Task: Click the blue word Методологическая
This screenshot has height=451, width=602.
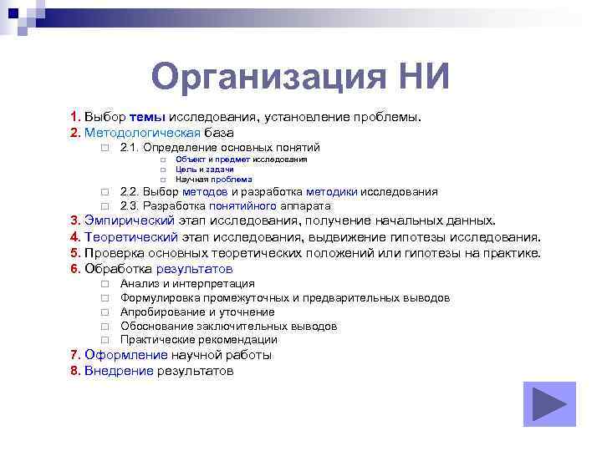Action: point(143,132)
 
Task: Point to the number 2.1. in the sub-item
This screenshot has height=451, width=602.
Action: point(135,147)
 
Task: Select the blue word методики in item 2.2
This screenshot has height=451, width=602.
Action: point(332,191)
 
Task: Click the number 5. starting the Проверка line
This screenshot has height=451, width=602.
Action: point(76,253)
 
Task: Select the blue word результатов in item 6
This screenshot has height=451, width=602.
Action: point(193,269)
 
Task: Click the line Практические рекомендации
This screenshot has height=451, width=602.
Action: point(198,340)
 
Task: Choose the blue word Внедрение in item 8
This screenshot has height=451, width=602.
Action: point(119,371)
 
